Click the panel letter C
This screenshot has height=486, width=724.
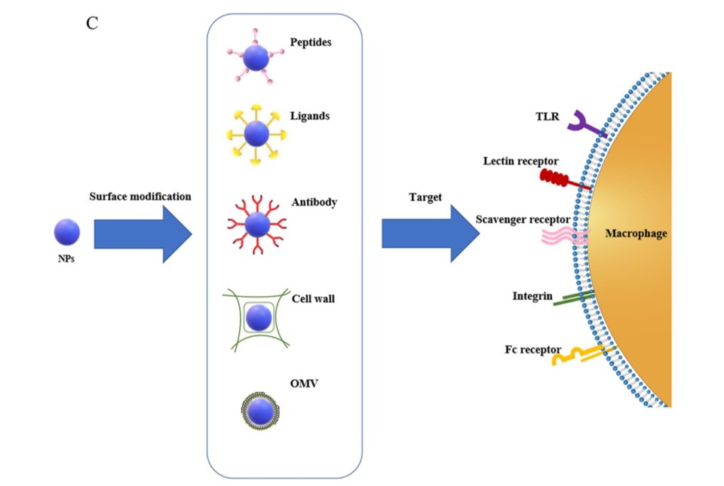pyautogui.click(x=92, y=23)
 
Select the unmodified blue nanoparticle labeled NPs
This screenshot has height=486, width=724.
pyautogui.click(x=66, y=231)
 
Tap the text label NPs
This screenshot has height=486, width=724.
pyautogui.click(x=66, y=259)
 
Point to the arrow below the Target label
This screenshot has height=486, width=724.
pyautogui.click(x=430, y=233)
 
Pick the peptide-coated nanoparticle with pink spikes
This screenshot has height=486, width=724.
pyautogui.click(x=256, y=57)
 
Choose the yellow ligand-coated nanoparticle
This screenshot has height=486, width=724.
pyautogui.click(x=256, y=134)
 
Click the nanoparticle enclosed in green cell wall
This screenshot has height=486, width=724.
pyautogui.click(x=259, y=316)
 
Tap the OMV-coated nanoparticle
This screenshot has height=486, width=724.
pyautogui.click(x=259, y=411)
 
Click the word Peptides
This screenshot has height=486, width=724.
pyautogui.click(x=311, y=42)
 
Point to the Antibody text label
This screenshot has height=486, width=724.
pyautogui.click(x=314, y=203)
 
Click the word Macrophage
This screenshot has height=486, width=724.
pyautogui.click(x=636, y=234)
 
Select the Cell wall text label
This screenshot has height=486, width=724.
pyautogui.click(x=313, y=298)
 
